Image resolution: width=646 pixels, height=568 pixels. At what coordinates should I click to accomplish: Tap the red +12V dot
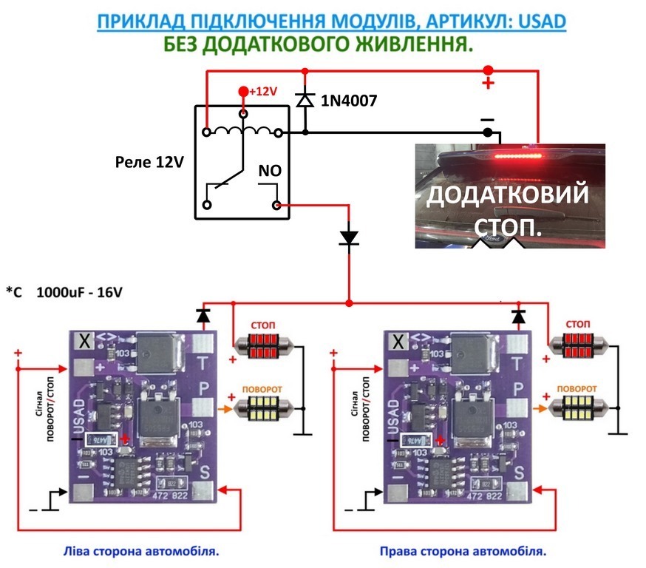point(243,92)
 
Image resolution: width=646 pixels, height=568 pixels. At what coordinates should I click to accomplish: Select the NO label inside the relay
point(268,171)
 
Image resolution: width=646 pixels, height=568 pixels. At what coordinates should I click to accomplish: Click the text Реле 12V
point(150,162)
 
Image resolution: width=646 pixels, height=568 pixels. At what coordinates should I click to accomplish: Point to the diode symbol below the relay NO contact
point(348,237)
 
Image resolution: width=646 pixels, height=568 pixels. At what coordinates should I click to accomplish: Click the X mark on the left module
point(85,341)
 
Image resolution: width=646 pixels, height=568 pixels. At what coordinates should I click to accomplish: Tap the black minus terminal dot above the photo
point(487,132)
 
